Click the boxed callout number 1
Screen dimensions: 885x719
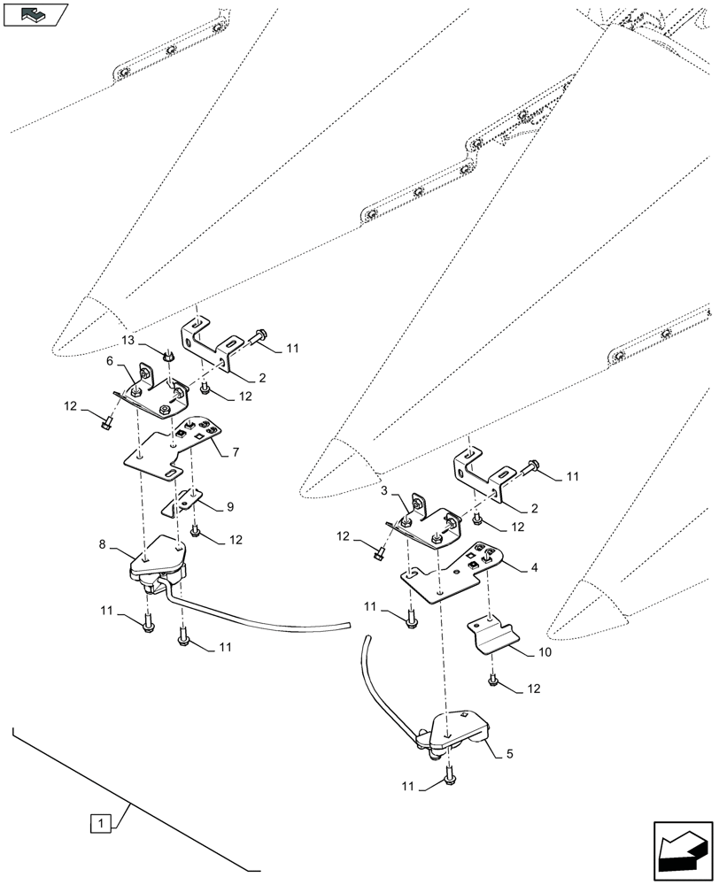pos(102,823)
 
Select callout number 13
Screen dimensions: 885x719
pos(128,341)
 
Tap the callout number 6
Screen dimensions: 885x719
pos(110,361)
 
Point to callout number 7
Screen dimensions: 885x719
pos(236,452)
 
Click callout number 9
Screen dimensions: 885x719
pos(229,506)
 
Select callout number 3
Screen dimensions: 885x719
pos(384,490)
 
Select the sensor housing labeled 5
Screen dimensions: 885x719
pos(458,730)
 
